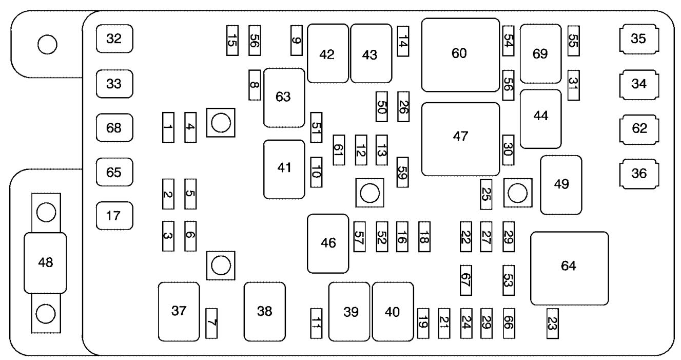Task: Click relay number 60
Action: [x=460, y=55]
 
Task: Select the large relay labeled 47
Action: [x=460, y=139]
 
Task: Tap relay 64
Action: [x=570, y=268]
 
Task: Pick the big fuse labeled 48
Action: [x=45, y=263]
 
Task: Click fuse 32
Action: [x=114, y=39]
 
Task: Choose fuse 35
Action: [x=639, y=39]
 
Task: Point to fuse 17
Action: [x=114, y=216]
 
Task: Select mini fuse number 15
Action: [x=232, y=41]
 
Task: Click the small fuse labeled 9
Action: [x=297, y=41]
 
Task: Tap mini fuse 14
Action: [x=403, y=41]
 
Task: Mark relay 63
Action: [x=284, y=98]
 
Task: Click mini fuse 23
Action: [x=552, y=324]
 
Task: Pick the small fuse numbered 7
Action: [x=211, y=323]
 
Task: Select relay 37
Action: [x=179, y=312]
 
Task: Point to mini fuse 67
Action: [x=466, y=280]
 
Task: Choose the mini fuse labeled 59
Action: [x=402, y=172]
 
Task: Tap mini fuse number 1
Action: [x=168, y=127]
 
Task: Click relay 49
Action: [x=561, y=185]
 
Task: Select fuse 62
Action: [x=639, y=129]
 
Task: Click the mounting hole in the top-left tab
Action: [x=47, y=45]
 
